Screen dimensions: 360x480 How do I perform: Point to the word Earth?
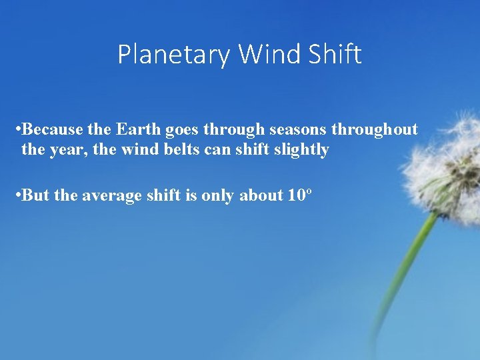(139, 129)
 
